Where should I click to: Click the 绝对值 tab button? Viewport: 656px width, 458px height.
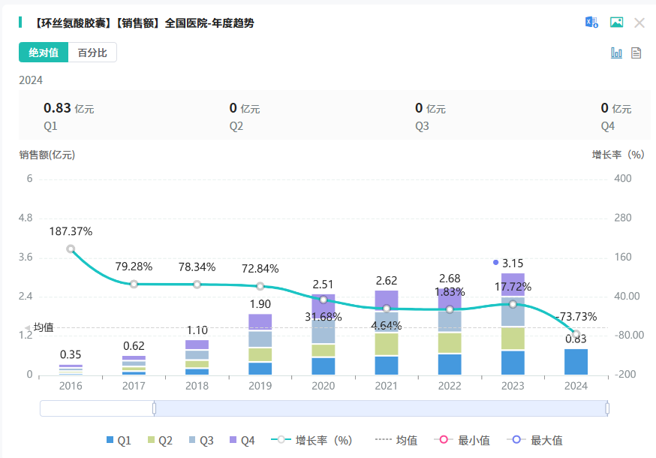click(x=44, y=53)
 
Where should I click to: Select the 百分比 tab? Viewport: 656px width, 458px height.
click(x=92, y=53)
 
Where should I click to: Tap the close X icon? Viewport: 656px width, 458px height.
click(x=639, y=23)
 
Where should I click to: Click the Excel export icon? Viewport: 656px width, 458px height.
click(x=592, y=23)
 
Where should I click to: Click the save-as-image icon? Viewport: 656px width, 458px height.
click(x=616, y=23)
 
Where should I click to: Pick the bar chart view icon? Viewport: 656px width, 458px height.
click(x=617, y=53)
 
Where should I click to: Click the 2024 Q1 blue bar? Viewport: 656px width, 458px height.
click(x=576, y=362)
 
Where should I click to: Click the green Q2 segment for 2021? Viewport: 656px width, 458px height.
click(x=387, y=344)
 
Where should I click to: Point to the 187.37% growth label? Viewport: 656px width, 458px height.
click(x=71, y=231)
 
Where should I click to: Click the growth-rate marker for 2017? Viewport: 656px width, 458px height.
click(x=134, y=284)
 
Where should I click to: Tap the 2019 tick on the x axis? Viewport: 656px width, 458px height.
click(x=260, y=386)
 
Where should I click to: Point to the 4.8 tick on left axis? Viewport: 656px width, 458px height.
click(x=25, y=218)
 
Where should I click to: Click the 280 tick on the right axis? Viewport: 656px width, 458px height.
click(x=623, y=218)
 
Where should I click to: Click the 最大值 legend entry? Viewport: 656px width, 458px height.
click(x=537, y=441)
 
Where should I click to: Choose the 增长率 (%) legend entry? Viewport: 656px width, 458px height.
click(x=313, y=441)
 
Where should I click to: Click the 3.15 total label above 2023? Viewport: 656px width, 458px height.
click(x=513, y=263)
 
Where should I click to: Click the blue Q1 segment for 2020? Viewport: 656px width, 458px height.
click(x=323, y=366)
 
